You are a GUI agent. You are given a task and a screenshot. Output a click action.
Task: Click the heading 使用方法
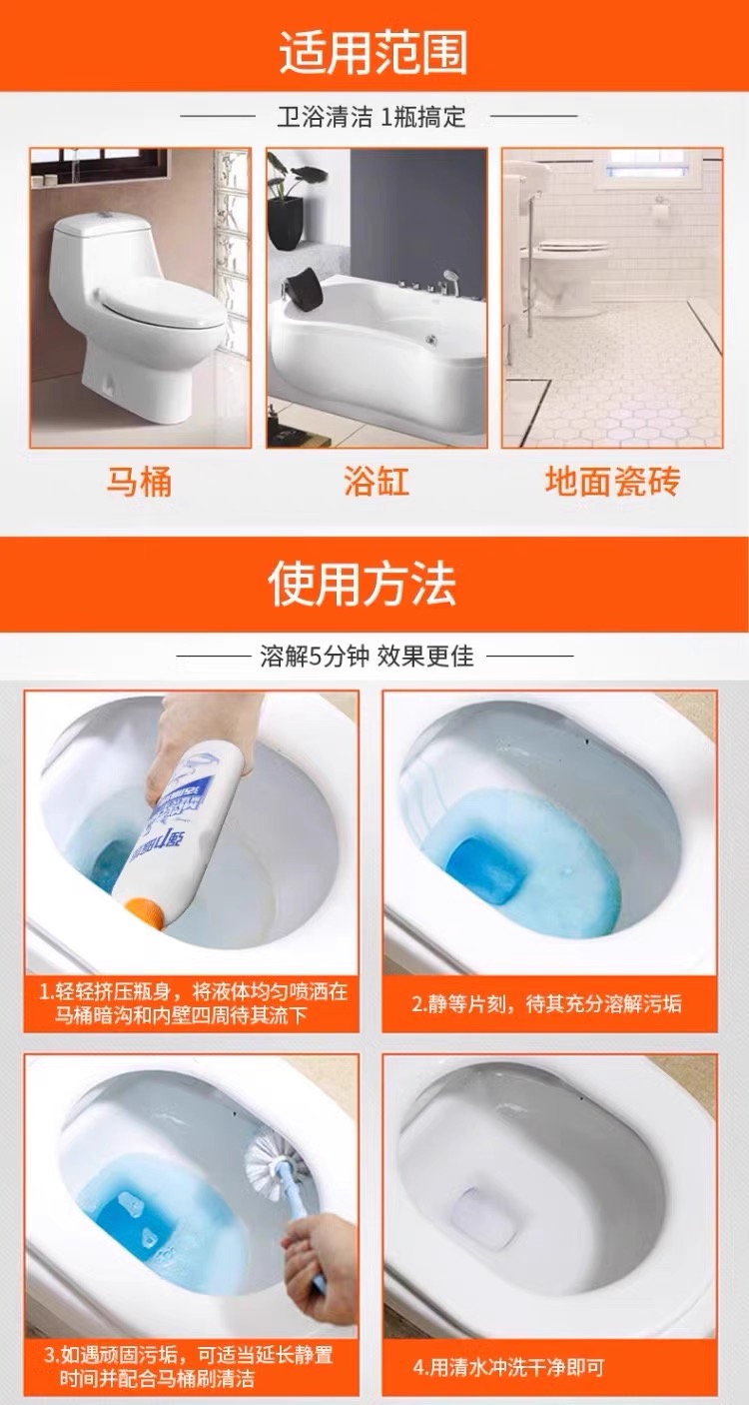click(363, 584)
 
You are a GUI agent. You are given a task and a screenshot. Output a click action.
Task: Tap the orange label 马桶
click(139, 482)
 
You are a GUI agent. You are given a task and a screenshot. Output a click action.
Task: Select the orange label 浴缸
click(376, 482)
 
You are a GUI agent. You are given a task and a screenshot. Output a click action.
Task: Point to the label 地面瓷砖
click(612, 482)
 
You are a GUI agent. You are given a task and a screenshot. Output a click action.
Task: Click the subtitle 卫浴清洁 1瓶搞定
click(372, 117)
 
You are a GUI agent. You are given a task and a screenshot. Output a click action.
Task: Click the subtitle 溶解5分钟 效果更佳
click(367, 657)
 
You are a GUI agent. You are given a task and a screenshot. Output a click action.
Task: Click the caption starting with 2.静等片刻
click(546, 1004)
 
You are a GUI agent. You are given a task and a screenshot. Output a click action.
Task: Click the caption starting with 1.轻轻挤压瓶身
click(192, 1003)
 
